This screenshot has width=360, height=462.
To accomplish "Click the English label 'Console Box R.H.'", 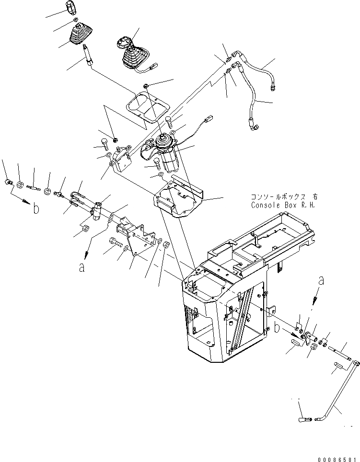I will (x=279, y=205).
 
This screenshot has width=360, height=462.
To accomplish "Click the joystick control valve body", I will (x=168, y=151).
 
